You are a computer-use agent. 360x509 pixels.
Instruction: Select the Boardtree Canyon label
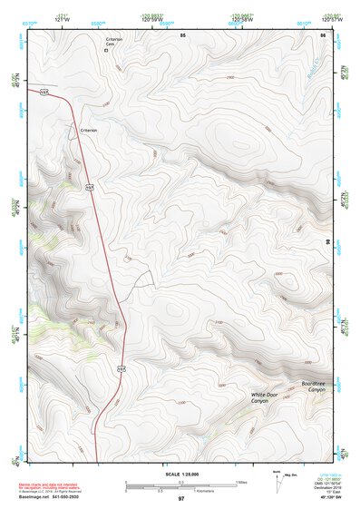[x=315, y=388]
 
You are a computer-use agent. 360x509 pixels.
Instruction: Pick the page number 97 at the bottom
[x=180, y=499]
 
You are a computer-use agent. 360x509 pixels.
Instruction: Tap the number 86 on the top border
[x=322, y=34]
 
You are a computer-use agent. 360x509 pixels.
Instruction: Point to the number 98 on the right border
[x=327, y=241]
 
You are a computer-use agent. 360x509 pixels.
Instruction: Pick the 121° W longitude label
[x=63, y=17]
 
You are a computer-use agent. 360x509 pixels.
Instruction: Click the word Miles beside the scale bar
[x=240, y=482]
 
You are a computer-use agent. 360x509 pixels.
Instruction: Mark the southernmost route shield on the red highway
[x=120, y=367]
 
